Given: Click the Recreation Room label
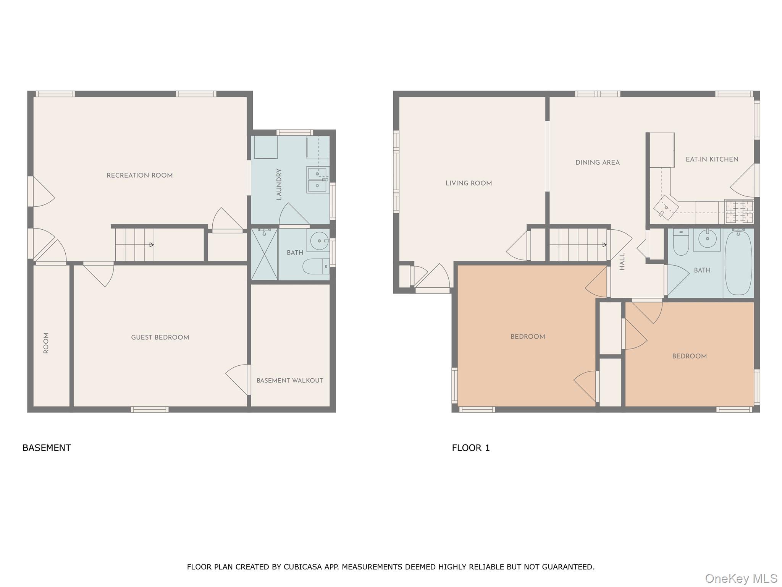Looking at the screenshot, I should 139,175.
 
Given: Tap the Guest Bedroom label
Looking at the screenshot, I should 160,337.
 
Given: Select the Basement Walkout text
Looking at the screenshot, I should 289,381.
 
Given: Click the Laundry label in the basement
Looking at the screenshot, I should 279,184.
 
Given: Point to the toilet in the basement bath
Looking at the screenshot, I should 315,266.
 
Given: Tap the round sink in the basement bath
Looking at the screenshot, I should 319,241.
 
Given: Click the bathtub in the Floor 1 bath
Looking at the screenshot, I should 738,263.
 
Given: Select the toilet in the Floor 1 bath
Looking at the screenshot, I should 680,243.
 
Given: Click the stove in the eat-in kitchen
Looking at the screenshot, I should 739,212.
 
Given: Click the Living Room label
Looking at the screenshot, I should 469,183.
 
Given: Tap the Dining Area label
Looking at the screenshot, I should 597,163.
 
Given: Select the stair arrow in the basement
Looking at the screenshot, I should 134,245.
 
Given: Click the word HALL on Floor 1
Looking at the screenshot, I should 622,261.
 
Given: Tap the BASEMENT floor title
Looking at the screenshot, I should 47,448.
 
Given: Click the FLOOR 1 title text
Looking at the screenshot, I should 470,448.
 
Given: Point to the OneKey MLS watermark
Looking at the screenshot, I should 741,579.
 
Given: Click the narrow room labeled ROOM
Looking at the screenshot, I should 46,343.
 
